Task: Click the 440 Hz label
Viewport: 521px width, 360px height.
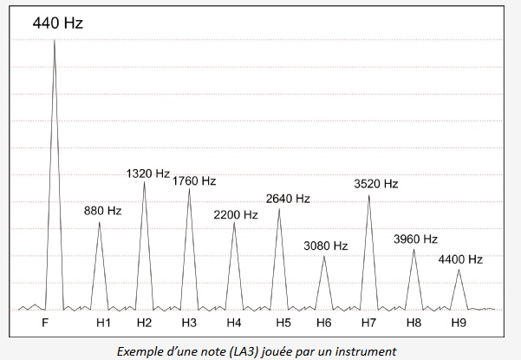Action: [x=58, y=23]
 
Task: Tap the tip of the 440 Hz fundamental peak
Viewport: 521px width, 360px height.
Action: [x=55, y=40]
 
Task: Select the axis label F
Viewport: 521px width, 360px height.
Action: [x=45, y=323]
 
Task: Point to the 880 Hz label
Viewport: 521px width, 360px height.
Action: [x=102, y=210]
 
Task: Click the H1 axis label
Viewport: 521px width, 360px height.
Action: [x=103, y=323]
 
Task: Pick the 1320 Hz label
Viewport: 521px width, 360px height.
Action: [x=147, y=173]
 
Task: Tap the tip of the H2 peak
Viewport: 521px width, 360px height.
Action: [x=145, y=182]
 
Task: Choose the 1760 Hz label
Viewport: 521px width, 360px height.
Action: [x=194, y=181]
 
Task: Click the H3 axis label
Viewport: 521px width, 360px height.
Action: [x=189, y=323]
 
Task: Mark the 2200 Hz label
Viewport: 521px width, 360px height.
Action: [x=237, y=214]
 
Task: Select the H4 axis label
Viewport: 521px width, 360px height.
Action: [x=234, y=323]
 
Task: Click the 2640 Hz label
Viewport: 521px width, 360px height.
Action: [x=288, y=199]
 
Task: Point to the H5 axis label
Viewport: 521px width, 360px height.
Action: [x=283, y=323]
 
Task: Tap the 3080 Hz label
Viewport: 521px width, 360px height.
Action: [x=325, y=246]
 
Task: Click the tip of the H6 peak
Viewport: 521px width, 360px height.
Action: [x=324, y=256]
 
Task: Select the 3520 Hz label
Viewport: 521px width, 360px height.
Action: [x=376, y=184]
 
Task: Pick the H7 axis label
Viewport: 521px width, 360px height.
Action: [x=368, y=323]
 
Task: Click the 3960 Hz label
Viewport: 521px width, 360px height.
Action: [x=415, y=239]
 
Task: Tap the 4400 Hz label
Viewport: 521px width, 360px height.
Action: [x=460, y=259]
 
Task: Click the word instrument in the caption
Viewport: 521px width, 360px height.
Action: [x=369, y=350]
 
